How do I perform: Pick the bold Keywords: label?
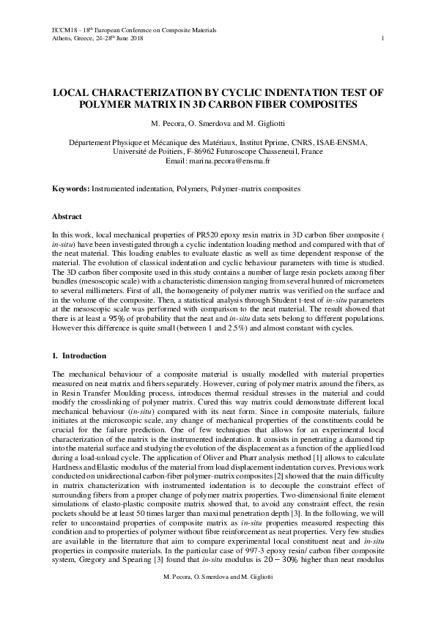tap(70, 189)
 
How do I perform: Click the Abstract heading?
tap(67, 218)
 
